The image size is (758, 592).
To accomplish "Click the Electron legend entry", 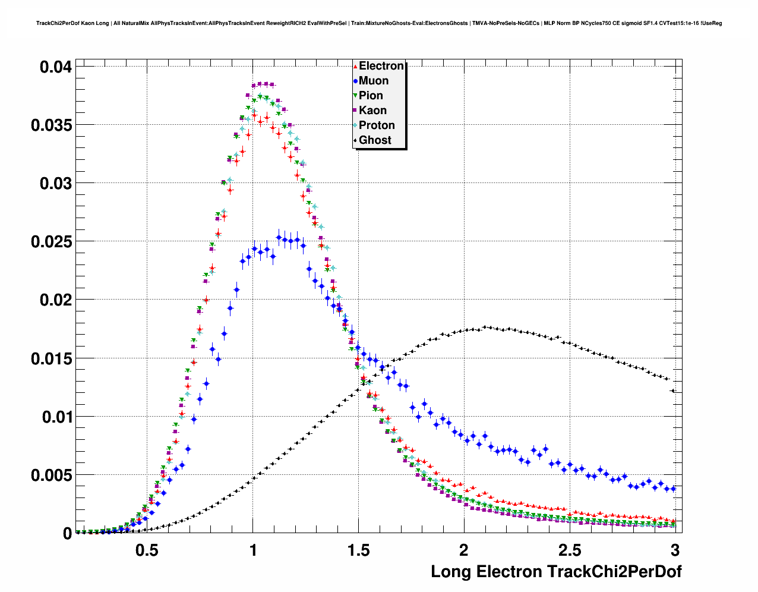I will click(x=381, y=66).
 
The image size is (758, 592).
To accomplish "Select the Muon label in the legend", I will click(x=373, y=81).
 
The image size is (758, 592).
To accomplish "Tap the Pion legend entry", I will click(x=371, y=96).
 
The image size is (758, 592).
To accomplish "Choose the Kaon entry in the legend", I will click(x=372, y=111).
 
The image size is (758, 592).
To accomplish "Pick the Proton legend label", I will click(x=377, y=125).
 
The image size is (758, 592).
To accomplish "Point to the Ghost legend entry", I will click(x=375, y=140).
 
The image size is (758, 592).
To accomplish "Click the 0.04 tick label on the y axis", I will click(x=56, y=67).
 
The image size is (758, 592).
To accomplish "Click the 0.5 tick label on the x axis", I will click(x=147, y=550).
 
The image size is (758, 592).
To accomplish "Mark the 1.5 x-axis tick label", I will click(x=359, y=550).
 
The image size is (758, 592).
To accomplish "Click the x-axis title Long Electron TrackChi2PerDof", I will click(x=556, y=572).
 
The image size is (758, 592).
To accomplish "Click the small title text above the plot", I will click(x=379, y=23).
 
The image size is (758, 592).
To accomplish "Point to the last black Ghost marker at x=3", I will click(x=672, y=391).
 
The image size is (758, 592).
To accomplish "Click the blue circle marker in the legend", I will click(x=355, y=81).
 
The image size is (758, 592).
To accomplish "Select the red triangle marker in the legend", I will click(x=355, y=66).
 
